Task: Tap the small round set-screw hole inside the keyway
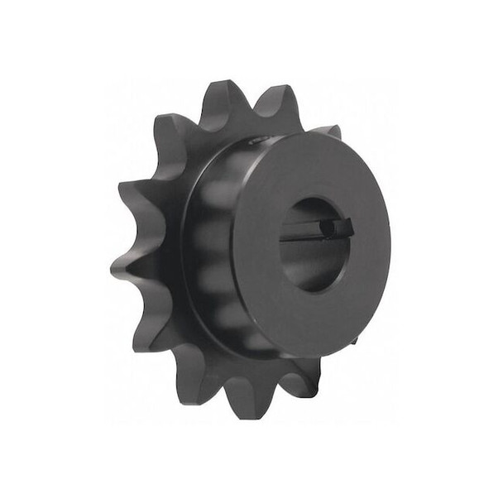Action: coord(328,224)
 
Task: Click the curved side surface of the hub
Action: coord(207,248)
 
